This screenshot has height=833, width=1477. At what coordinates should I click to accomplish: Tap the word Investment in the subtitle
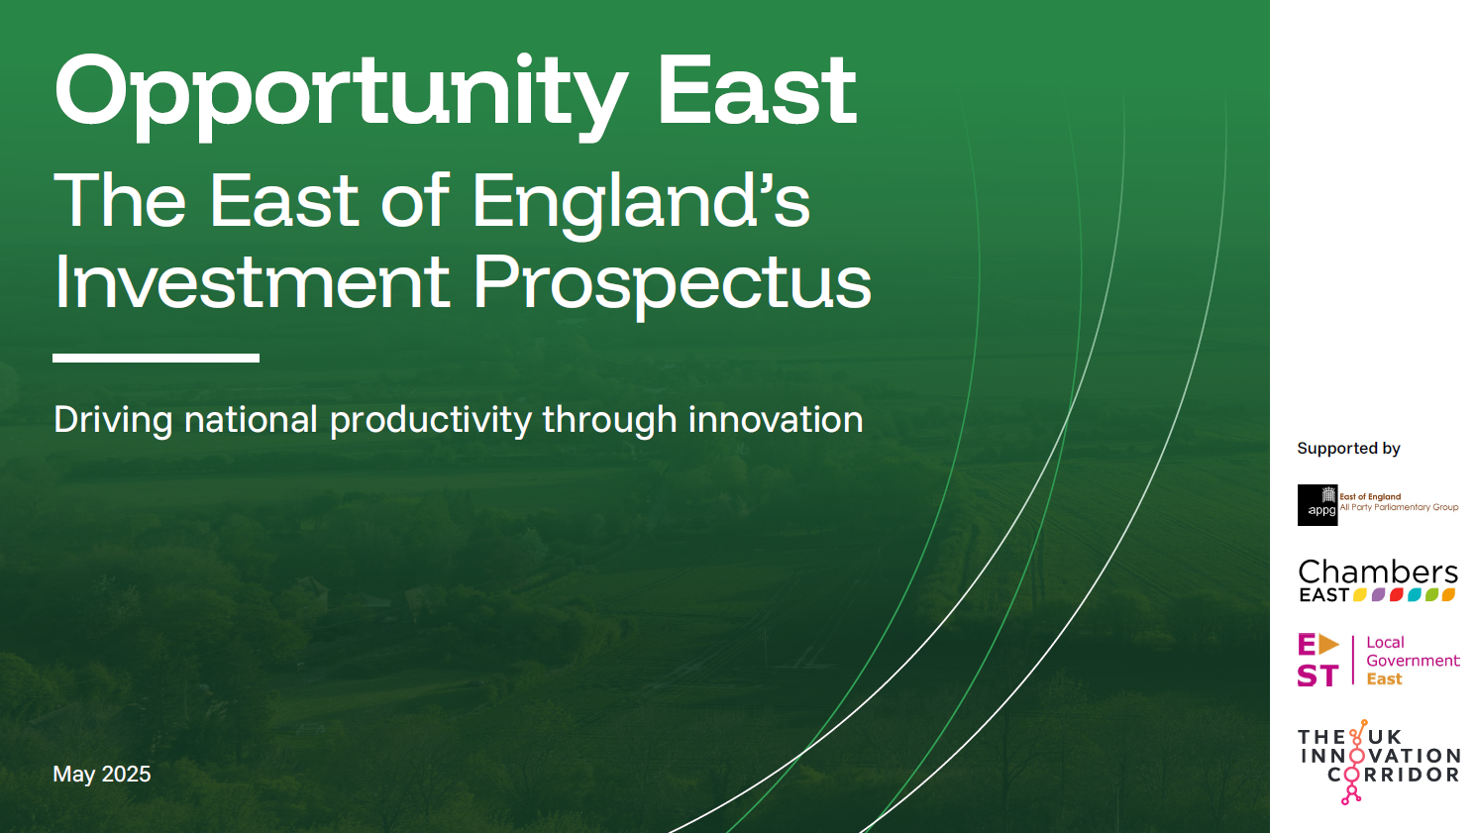point(252,281)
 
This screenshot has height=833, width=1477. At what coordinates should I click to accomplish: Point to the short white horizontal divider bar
point(156,358)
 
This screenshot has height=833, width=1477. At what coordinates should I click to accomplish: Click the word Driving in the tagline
point(113,421)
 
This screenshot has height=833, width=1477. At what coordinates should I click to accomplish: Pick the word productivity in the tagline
point(430,421)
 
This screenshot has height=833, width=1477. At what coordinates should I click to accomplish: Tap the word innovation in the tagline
point(776,419)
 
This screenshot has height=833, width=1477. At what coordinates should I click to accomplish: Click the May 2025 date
point(102,775)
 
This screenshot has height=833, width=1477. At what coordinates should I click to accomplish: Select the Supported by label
point(1348,449)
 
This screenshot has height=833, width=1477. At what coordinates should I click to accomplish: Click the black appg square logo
point(1318,505)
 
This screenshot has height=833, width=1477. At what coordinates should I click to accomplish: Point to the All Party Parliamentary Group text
point(1399,507)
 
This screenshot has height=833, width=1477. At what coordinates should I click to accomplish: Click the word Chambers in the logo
point(1378,573)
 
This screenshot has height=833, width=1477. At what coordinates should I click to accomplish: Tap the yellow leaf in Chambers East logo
point(1360,595)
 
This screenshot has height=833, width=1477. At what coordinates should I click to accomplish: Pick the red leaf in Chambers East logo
point(1396,595)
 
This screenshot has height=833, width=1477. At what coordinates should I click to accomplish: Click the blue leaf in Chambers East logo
point(1414,595)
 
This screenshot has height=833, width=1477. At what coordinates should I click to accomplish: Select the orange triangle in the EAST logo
point(1328,645)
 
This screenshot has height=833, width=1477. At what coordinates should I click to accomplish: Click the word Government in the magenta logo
point(1413,661)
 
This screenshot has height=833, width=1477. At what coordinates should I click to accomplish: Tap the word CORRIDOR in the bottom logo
point(1393,775)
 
